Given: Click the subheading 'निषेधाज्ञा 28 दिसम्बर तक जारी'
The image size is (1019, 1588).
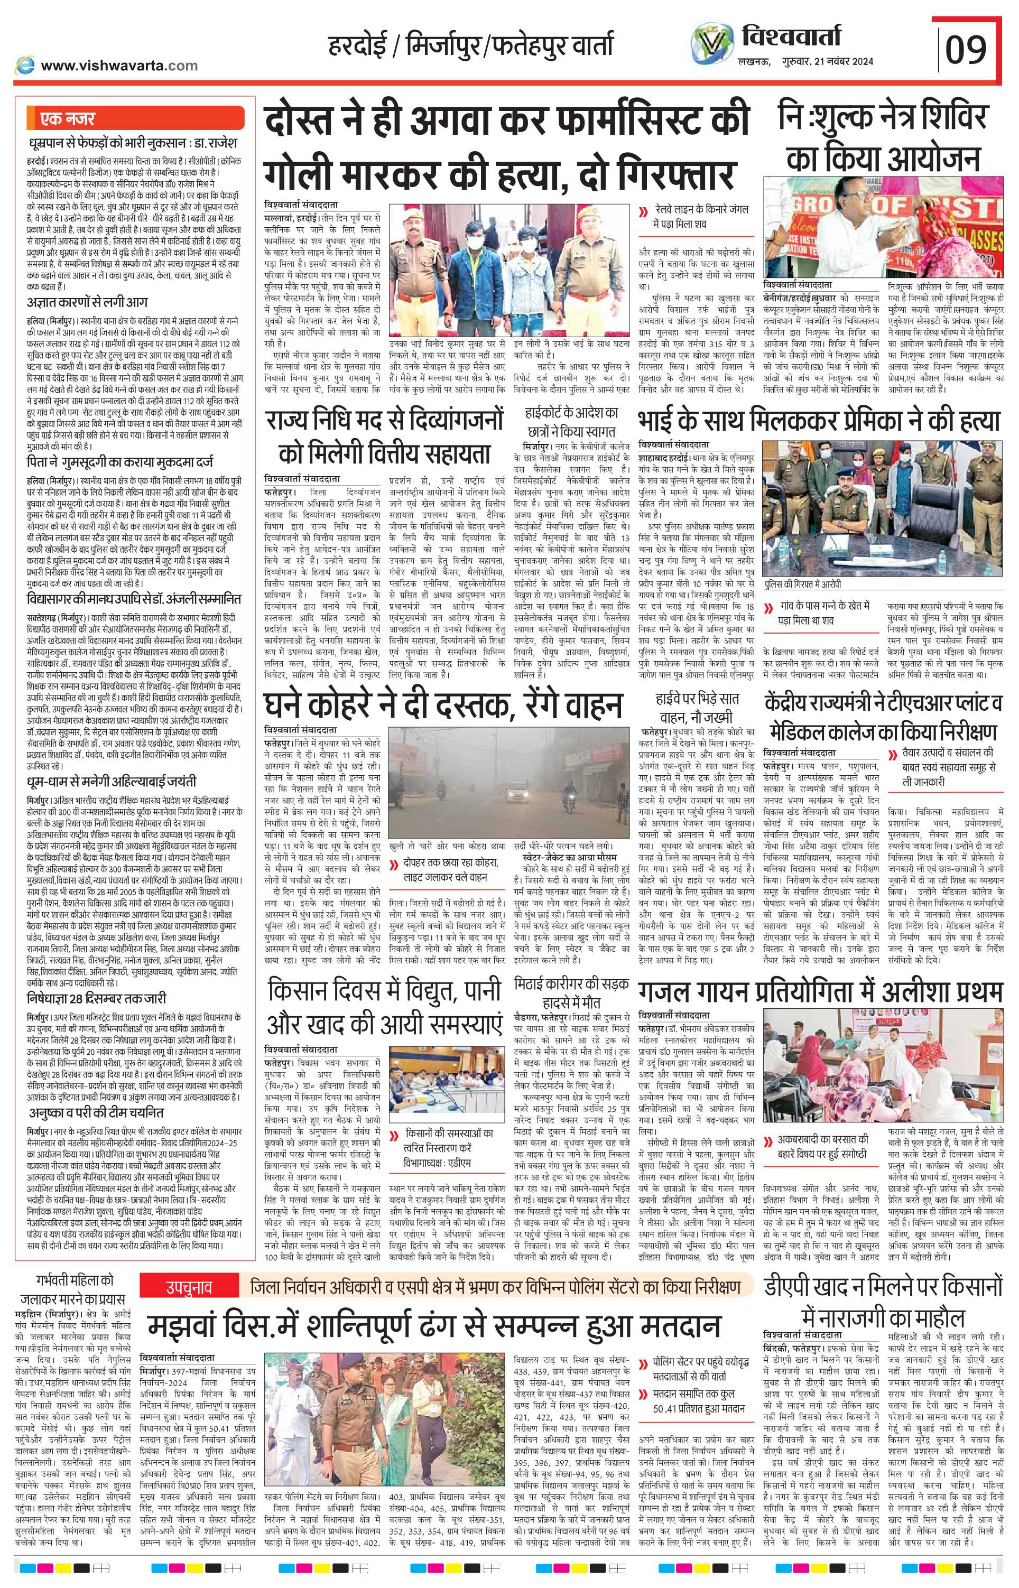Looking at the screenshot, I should (x=96, y=997).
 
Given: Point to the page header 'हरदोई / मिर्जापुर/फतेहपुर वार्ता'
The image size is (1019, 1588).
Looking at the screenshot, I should (x=471, y=47).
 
